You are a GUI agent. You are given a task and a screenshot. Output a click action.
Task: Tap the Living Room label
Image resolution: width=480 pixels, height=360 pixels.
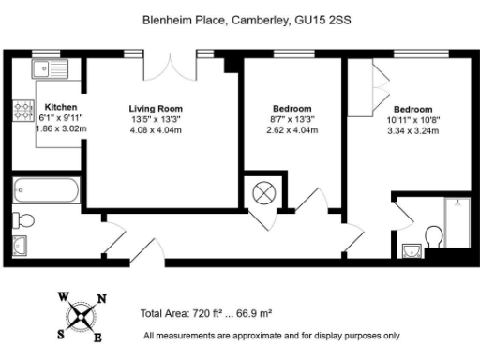(155, 108)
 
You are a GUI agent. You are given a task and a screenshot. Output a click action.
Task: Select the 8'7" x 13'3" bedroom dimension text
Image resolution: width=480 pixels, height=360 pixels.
(292, 119)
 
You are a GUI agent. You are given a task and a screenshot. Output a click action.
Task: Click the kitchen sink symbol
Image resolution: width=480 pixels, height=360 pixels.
(42, 68)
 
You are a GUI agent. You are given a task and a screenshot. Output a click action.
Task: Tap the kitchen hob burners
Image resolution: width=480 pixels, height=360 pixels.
(22, 113)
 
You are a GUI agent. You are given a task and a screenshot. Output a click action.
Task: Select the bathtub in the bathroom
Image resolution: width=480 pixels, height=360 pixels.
(46, 191)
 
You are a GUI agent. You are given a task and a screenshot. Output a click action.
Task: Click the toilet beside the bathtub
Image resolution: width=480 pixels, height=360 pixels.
(25, 221)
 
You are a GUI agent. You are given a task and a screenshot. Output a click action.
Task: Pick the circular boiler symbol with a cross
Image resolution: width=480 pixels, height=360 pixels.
(264, 193)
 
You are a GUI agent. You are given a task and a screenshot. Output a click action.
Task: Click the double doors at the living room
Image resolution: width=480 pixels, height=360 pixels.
(170, 67)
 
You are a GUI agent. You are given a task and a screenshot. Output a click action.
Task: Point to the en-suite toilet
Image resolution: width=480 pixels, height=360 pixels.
(433, 234)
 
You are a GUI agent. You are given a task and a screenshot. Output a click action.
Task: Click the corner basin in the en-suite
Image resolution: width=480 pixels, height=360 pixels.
(410, 250)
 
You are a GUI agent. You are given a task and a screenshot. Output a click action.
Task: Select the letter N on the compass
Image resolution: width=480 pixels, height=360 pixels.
(101, 299)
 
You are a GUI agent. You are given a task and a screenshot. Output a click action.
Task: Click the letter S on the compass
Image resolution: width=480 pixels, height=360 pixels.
(61, 333)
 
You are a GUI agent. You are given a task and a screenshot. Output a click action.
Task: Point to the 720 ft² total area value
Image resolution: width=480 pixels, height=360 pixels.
(212, 313)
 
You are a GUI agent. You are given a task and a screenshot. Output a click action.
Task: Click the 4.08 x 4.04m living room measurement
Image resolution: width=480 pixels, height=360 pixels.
(155, 130)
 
